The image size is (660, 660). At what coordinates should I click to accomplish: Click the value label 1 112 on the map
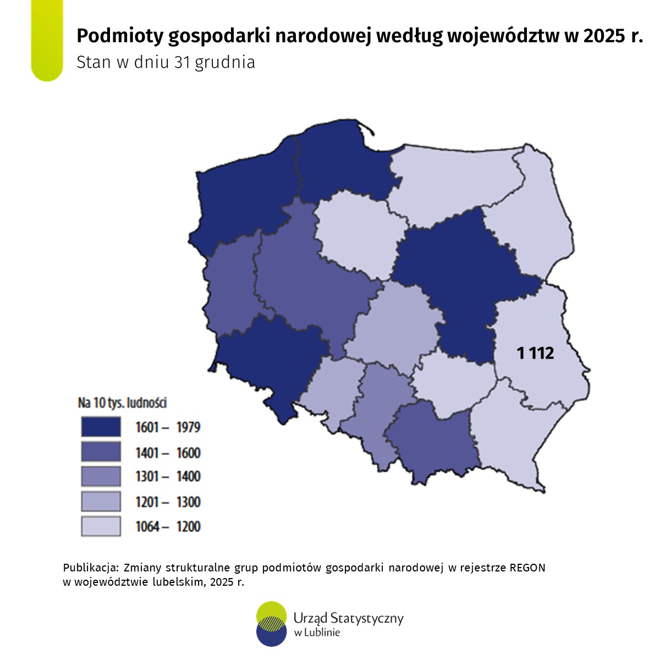[535, 353]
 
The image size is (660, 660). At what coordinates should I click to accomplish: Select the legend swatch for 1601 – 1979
[101, 427]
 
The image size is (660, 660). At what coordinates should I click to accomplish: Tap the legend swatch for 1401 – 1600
[101, 452]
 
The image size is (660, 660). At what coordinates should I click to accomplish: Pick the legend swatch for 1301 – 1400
[101, 476]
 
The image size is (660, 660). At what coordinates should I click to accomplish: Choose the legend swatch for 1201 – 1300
[101, 502]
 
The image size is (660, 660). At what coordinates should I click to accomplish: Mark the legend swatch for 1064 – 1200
[101, 526]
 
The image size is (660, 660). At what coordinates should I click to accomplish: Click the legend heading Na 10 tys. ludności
[122, 403]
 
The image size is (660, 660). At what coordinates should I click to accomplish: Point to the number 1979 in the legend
[188, 427]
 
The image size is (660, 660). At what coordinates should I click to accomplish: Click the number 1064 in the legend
[147, 527]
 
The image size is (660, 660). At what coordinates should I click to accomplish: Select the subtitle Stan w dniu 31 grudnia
[166, 62]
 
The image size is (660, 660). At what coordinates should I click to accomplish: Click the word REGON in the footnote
[527, 568]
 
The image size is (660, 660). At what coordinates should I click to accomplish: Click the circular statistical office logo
[272, 623]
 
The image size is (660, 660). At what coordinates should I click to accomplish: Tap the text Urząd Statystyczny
[349, 618]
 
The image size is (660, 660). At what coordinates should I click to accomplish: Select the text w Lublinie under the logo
[317, 632]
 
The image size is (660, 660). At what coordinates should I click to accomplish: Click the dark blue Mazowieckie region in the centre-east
[462, 275]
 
